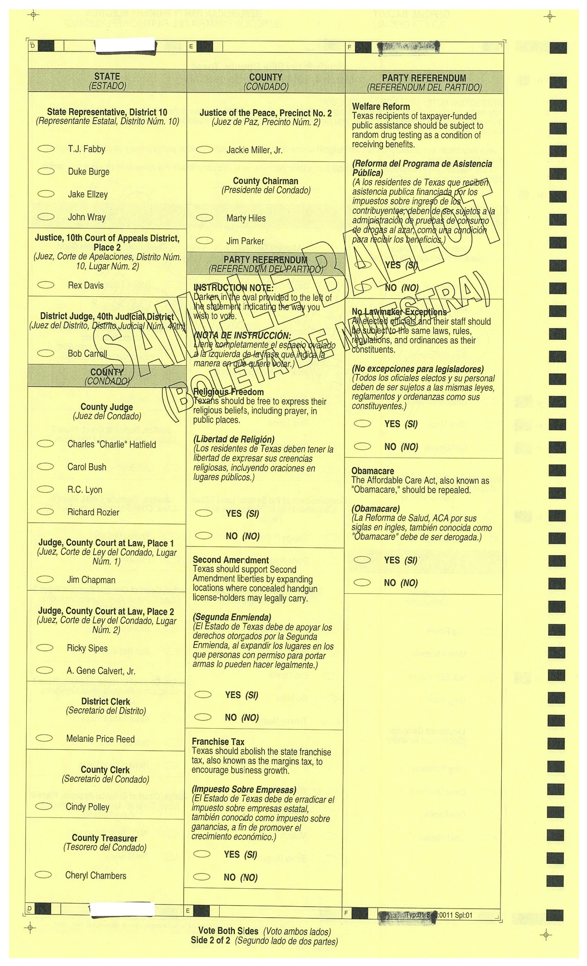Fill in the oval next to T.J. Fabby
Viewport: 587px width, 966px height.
point(46,149)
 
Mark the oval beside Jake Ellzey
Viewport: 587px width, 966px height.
point(46,194)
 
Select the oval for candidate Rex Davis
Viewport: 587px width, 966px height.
point(46,285)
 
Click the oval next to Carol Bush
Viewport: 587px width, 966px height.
point(45,466)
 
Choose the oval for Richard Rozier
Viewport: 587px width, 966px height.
point(45,512)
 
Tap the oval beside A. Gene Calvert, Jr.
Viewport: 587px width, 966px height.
point(45,670)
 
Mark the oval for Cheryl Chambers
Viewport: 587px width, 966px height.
point(43,875)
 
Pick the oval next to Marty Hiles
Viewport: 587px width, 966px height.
point(204,218)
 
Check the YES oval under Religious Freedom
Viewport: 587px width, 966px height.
point(203,513)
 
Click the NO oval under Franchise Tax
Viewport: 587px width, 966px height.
point(202,877)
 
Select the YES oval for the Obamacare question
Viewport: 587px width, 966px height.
point(362,560)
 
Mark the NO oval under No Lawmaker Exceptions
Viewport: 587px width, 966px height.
point(362,446)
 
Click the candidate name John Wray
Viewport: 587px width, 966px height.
point(87,217)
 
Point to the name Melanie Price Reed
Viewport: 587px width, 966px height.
point(100,739)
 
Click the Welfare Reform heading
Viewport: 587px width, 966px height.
point(381,107)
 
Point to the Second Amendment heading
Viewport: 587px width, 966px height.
point(231,560)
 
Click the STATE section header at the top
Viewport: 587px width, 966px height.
point(107,76)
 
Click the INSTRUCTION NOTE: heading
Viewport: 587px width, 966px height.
point(233,288)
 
